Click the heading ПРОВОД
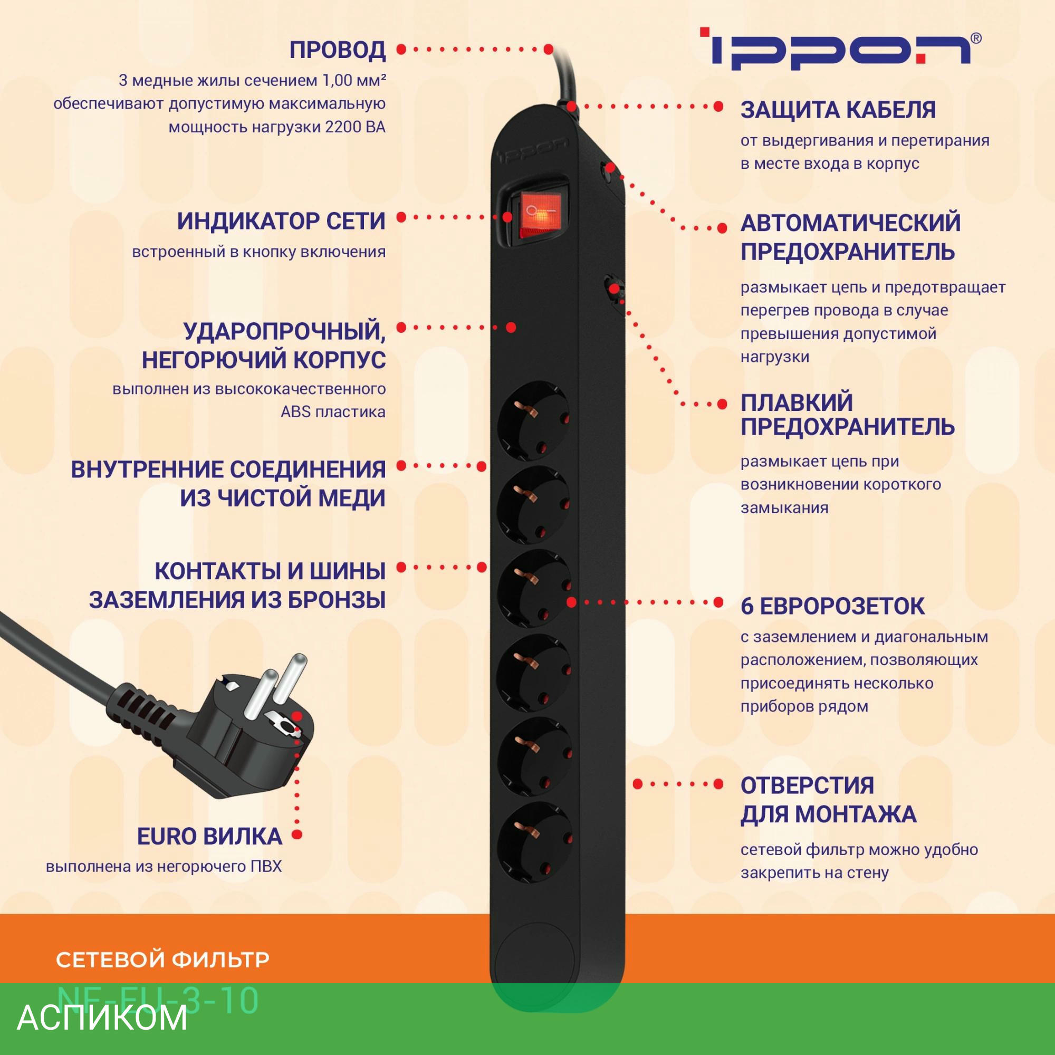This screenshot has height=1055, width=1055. pos(337,50)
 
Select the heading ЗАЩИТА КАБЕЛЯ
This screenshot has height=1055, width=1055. pos(838,110)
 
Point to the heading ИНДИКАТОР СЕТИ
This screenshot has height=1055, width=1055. pos(281,222)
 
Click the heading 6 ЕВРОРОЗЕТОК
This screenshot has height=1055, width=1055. pos(832,606)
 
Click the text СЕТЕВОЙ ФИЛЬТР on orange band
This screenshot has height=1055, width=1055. pos(162,959)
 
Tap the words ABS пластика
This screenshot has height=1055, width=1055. pos(333,411)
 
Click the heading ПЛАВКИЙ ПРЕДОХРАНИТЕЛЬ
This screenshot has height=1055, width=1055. pos(847,415)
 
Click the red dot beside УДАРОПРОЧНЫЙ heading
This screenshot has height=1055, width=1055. pos(401,327)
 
